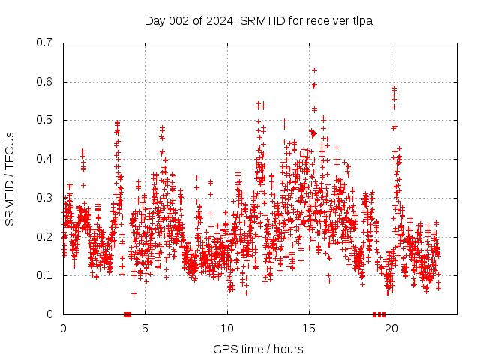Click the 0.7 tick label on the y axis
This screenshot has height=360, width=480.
tap(46, 43)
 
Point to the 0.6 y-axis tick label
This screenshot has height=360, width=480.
tap(46, 82)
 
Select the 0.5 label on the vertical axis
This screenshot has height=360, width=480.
tap(46, 120)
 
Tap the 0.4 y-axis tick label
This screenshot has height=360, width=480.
tap(46, 159)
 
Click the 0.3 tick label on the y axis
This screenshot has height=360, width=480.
tap(46, 198)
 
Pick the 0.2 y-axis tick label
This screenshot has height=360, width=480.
tap(46, 236)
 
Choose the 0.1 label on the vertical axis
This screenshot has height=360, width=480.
tap(46, 275)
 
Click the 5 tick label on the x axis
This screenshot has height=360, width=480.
tap(145, 328)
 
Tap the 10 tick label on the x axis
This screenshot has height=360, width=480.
tap(227, 328)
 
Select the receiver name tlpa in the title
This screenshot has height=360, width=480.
tap(360, 20)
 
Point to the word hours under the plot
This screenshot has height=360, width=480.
tap(288, 349)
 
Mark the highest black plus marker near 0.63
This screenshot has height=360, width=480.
tap(314, 70)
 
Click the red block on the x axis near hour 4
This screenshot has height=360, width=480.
tap(127, 314)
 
